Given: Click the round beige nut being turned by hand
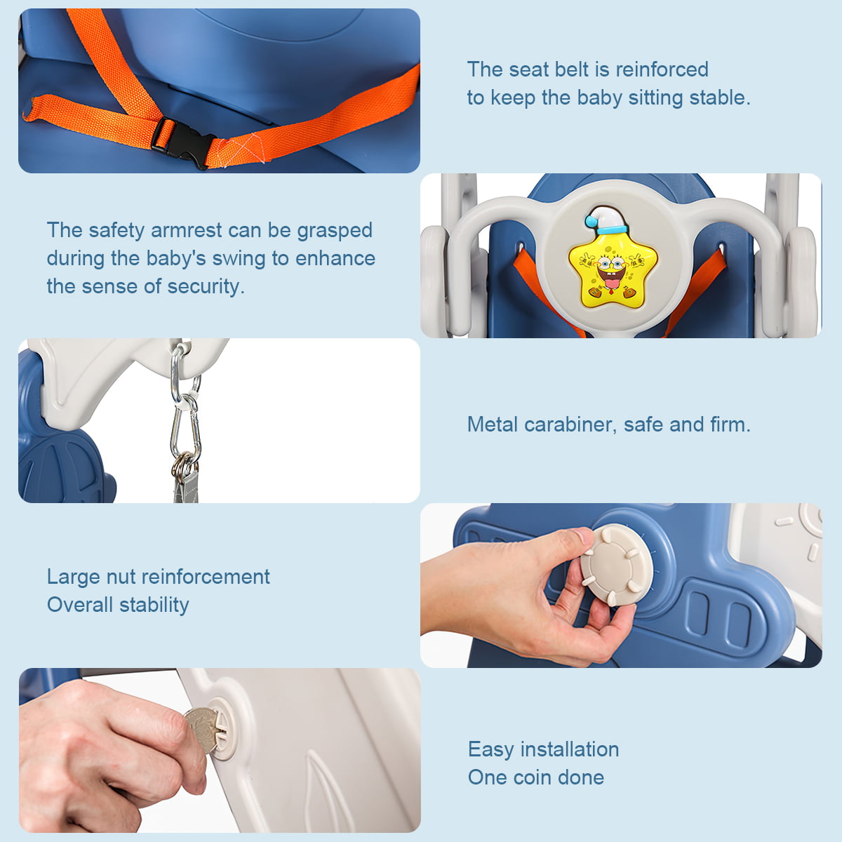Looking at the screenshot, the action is (617, 565).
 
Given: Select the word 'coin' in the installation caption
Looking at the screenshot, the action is (530, 777).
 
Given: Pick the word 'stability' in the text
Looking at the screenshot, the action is (154, 605).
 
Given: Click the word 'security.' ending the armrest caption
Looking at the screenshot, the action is (206, 287).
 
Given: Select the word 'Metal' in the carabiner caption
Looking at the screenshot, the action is (493, 425).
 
